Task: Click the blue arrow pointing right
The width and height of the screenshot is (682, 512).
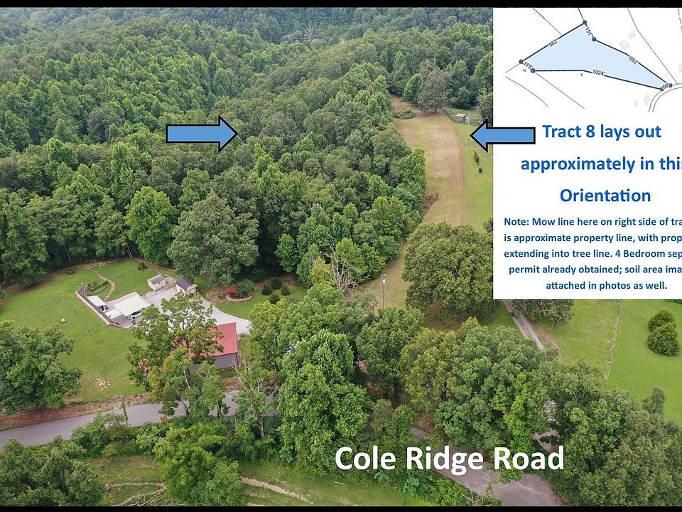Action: point(201,133)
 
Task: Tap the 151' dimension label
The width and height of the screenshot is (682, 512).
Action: point(588,31)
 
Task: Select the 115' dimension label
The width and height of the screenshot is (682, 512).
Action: point(527,66)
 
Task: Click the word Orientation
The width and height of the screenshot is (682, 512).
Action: point(605,196)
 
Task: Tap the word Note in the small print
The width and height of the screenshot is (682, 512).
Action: point(517,222)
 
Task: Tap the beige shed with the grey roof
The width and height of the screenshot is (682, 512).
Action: point(157,282)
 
